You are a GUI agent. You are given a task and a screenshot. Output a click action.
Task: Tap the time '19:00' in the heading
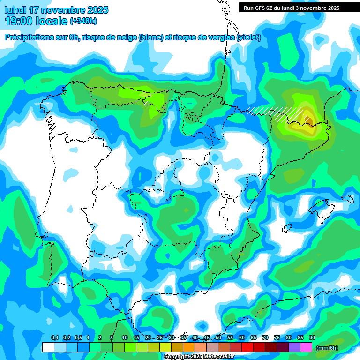[x=19, y=21]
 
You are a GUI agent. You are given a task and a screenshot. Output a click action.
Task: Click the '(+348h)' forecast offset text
[x=83, y=21]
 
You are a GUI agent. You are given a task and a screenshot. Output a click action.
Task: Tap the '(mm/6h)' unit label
[x=327, y=348]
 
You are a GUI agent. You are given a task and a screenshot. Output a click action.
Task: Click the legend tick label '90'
[x=312, y=338]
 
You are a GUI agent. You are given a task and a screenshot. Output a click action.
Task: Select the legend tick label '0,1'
[x=54, y=338]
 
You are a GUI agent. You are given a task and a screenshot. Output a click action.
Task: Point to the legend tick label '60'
[x=242, y=338]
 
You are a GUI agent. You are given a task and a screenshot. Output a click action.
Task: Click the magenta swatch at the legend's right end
[x=306, y=347]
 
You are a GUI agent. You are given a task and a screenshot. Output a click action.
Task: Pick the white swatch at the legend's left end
[x=48, y=347]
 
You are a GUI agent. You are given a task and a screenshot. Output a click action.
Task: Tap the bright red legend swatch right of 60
[x=247, y=347]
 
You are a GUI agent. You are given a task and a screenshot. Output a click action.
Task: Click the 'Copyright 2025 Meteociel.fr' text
[x=199, y=356]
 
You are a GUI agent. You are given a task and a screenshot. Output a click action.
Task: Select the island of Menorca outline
[x=347, y=199]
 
